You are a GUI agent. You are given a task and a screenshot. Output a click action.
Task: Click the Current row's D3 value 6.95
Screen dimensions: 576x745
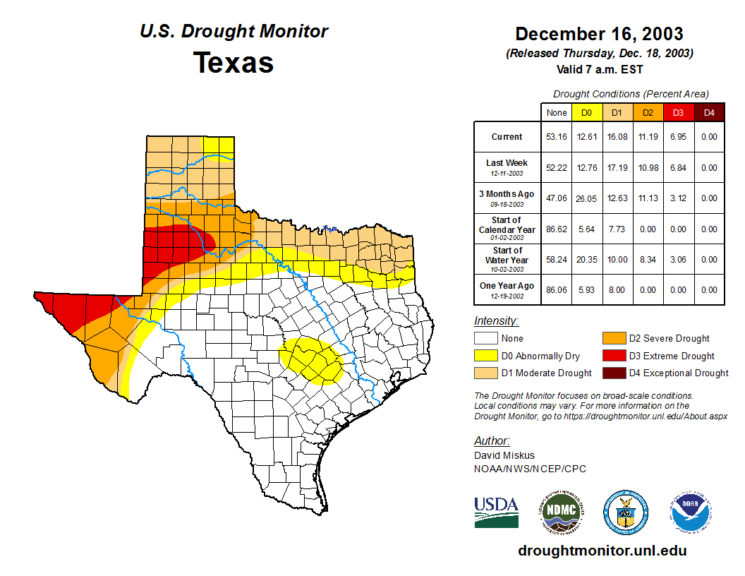[677, 137]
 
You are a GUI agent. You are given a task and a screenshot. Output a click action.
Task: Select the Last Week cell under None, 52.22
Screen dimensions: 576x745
[557, 168]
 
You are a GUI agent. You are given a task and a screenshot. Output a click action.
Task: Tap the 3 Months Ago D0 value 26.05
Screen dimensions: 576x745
[586, 198]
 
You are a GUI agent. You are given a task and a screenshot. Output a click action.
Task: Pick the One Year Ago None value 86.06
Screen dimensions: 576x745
[557, 290]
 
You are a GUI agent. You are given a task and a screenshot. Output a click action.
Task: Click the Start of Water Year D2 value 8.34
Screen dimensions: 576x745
[648, 260]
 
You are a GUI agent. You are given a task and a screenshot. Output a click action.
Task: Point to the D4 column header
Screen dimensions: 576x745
[709, 112]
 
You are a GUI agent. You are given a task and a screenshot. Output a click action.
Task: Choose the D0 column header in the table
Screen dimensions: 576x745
[586, 112]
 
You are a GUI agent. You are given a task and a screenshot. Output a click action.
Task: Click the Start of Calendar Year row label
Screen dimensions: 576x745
[507, 229]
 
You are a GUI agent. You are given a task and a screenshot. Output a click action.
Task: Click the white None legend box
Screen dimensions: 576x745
[485, 339]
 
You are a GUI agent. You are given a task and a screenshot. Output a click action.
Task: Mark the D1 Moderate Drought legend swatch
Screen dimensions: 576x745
[485, 373]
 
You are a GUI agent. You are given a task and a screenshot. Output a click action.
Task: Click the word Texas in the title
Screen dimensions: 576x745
[234, 62]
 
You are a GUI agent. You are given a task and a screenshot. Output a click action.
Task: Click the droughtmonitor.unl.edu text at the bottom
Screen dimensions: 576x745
[602, 551]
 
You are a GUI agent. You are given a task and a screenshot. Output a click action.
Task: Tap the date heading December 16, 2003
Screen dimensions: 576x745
[599, 33]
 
